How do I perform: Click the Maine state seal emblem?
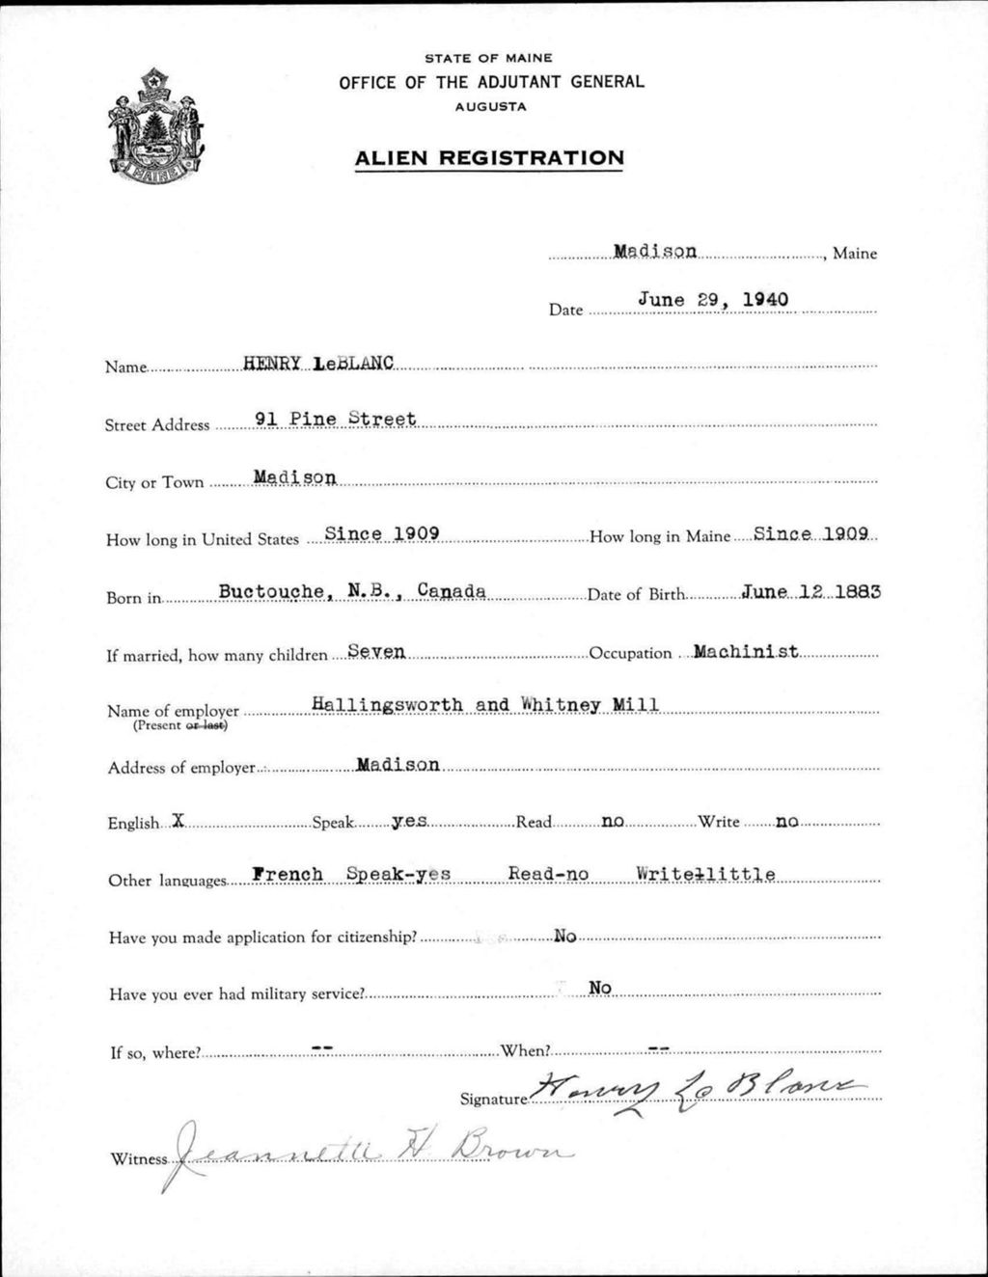156,126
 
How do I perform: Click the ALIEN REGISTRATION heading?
489,158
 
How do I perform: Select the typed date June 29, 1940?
713,300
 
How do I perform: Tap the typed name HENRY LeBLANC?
318,364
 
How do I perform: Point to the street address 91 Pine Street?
335,420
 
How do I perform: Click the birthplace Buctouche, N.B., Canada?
352,591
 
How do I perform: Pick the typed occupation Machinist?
745,651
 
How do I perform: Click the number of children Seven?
376,652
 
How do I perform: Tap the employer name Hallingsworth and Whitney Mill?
485,705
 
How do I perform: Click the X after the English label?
177,821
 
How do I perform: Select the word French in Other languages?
288,875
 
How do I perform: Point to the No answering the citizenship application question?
564,936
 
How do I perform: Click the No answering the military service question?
600,988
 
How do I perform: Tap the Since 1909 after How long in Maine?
812,532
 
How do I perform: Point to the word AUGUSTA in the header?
491,107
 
